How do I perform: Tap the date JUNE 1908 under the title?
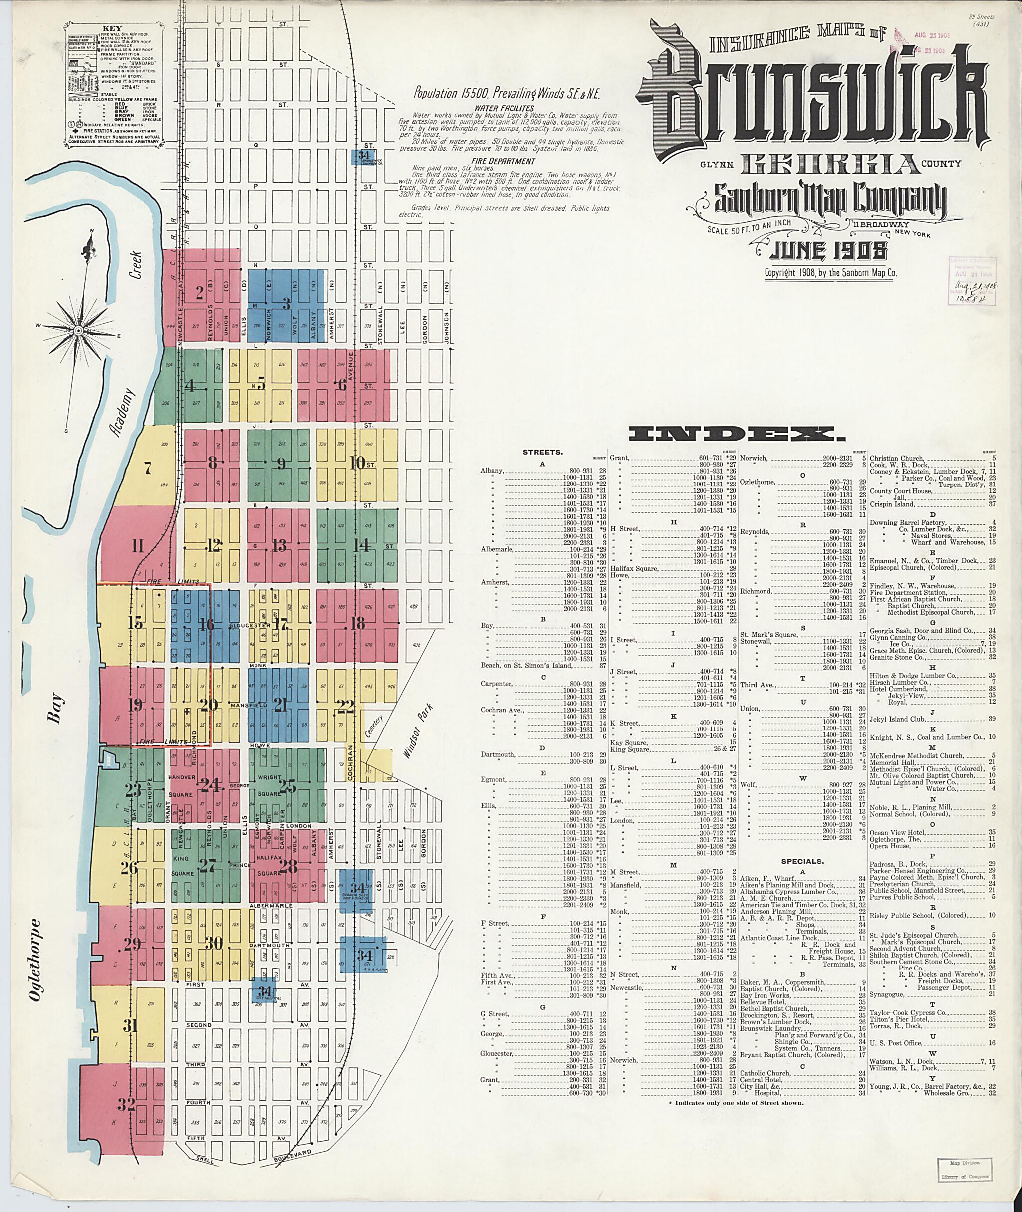pyautogui.click(x=828, y=250)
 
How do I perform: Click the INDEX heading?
pyautogui.click(x=733, y=433)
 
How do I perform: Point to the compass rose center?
pyautogui.click(x=77, y=329)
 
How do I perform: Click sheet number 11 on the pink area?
pyautogui.click(x=137, y=546)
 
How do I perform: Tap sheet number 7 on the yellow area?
pyautogui.click(x=148, y=468)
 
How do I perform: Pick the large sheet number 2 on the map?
pyautogui.click(x=199, y=294)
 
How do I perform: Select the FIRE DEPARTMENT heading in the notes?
pyautogui.click(x=503, y=161)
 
